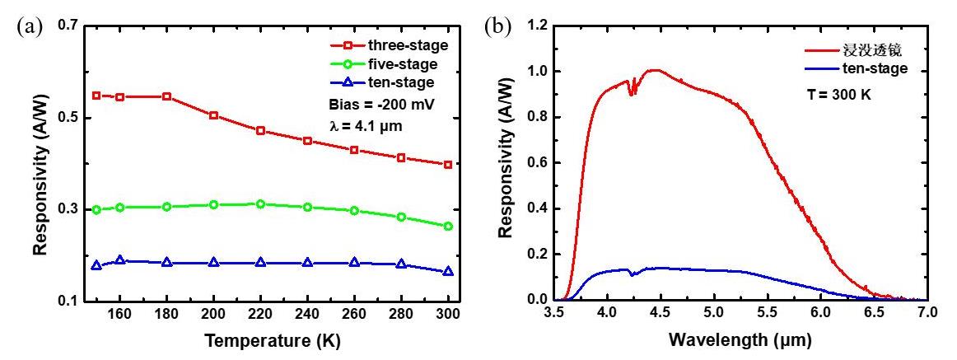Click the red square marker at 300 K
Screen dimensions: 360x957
(448, 165)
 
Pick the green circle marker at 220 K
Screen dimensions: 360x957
(261, 203)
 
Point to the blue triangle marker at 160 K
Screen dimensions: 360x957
(120, 260)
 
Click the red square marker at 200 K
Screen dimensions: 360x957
(214, 115)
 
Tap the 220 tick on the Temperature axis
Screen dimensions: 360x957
(261, 315)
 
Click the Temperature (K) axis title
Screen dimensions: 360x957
(273, 339)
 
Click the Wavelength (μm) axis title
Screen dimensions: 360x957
(740, 339)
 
